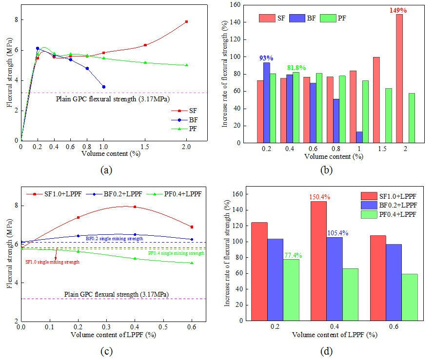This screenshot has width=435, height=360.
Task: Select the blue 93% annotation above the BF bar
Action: click(267, 57)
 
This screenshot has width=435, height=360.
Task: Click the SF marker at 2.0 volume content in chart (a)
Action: click(186, 22)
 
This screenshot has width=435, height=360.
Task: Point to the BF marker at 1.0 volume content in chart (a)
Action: click(103, 87)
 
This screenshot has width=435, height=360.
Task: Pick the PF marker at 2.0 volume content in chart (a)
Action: click(186, 65)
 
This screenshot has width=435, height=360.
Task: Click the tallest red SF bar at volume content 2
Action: click(399, 78)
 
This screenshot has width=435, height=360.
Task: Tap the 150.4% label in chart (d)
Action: click(318, 197)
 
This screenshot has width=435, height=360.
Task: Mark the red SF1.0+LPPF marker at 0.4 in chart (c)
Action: click(135, 207)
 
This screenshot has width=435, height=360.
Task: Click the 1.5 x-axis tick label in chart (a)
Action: click(145, 146)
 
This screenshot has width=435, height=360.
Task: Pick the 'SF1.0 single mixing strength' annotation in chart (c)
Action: click(52, 262)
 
